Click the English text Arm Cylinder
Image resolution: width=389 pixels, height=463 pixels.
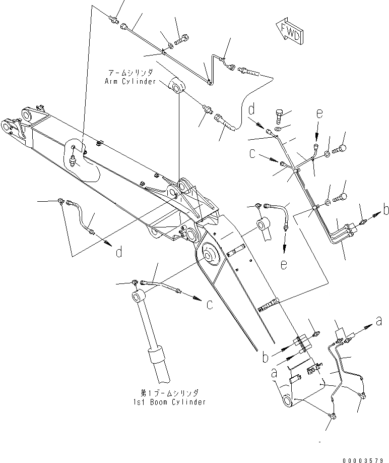pos(130,81)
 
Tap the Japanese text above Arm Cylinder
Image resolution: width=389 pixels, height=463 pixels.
pos(131,73)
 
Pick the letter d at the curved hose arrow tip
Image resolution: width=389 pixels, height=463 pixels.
pos(119,252)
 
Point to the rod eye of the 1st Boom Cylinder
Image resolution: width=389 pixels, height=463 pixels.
pos(137,295)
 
